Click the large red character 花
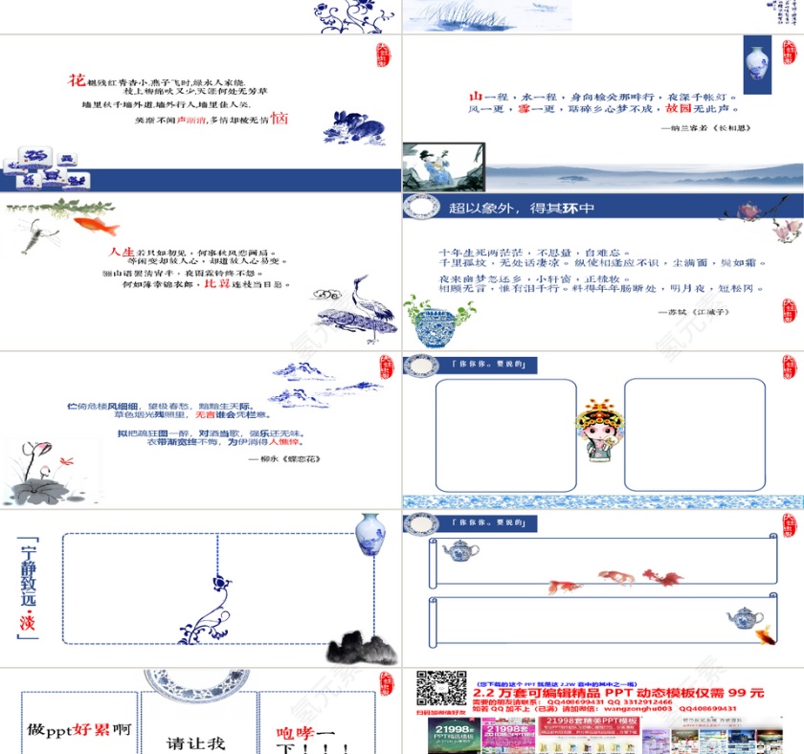[x=77, y=80]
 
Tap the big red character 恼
[x=279, y=119]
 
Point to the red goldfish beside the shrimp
[x=96, y=226]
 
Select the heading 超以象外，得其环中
[x=522, y=208]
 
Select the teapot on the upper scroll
[x=460, y=550]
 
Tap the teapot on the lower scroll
[x=744, y=616]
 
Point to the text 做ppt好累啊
[x=79, y=729]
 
